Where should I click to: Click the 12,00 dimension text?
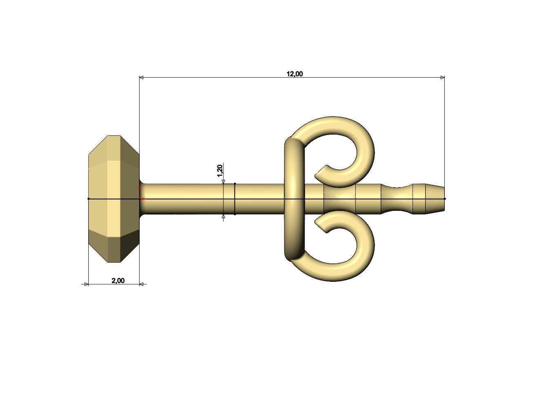pyautogui.click(x=294, y=74)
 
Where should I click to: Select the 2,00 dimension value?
pyautogui.click(x=118, y=281)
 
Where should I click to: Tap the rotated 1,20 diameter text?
pyautogui.click(x=220, y=170)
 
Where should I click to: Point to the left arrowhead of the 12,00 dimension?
pyautogui.click(x=142, y=77)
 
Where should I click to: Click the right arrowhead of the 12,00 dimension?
pyautogui.click(x=442, y=77)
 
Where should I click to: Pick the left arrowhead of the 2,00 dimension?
pyautogui.click(x=86, y=284)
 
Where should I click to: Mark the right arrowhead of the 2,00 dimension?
pyautogui.click(x=142, y=284)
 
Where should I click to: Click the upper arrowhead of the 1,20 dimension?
pyautogui.click(x=223, y=181)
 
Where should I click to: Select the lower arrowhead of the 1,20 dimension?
pyautogui.click(x=223, y=217)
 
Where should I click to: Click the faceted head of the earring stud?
pyautogui.click(x=114, y=199)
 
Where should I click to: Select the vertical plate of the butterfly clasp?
pyautogui.click(x=294, y=199)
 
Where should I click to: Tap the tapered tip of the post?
pyautogui.click(x=435, y=199)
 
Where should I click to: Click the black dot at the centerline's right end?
pyautogui.click(x=445, y=199)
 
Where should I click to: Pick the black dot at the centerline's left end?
pyautogui.click(x=89, y=199)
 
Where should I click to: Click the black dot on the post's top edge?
pyautogui.click(x=235, y=184)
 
